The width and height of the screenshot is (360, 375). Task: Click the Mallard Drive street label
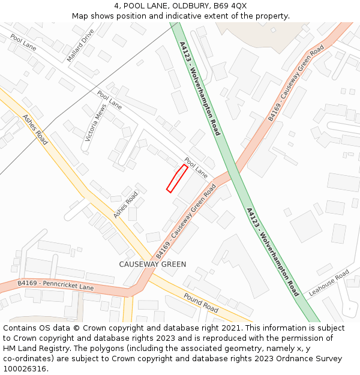point(81,46)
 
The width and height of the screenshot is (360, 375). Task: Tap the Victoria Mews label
point(95,122)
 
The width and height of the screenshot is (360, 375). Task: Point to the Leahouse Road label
point(329,283)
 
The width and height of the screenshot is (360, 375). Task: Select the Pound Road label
point(201,303)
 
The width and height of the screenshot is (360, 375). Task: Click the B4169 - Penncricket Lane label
point(56,285)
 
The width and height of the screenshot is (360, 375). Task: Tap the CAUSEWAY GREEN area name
point(152,264)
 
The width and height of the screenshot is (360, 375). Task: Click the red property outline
point(177,178)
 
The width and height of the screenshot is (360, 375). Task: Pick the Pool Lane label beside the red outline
point(196,167)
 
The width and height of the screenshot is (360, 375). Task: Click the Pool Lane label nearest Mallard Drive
point(23,42)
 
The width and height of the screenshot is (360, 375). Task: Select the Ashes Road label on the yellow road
point(35,129)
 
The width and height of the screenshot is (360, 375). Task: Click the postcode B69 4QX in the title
point(230,6)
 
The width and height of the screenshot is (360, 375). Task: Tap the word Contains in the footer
point(20,328)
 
